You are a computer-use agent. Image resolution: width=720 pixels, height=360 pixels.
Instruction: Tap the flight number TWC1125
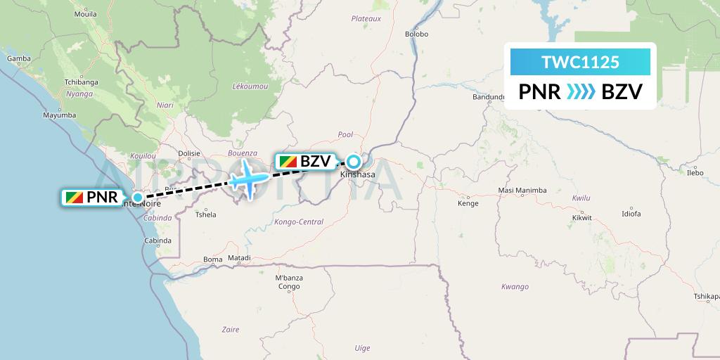[x=580, y=62]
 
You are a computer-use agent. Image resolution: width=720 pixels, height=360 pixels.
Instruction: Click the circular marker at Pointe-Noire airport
[x=138, y=197]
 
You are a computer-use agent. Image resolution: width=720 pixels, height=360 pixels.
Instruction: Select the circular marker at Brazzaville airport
[x=353, y=161]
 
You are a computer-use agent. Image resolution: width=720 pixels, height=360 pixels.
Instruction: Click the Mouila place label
[x=86, y=13]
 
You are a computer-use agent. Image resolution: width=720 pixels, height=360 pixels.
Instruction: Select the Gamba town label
[x=18, y=59]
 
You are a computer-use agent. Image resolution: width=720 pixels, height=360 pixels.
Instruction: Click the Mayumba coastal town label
[x=59, y=115]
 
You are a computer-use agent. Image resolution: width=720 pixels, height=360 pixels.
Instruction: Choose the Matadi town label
[x=238, y=259]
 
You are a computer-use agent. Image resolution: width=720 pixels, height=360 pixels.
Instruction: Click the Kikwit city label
[x=581, y=217]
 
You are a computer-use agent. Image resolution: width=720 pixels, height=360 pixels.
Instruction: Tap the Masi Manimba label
[x=522, y=191]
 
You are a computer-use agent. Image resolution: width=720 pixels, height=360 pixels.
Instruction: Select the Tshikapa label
[x=705, y=297]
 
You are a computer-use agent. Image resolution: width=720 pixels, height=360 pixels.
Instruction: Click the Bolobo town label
[x=417, y=34]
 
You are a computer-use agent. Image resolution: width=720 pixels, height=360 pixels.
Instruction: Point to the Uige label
[x=362, y=347]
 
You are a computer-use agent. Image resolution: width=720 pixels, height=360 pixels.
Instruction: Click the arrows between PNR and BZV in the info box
[x=580, y=92]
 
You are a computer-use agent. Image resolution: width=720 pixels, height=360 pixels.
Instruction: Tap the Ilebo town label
[x=695, y=172]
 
